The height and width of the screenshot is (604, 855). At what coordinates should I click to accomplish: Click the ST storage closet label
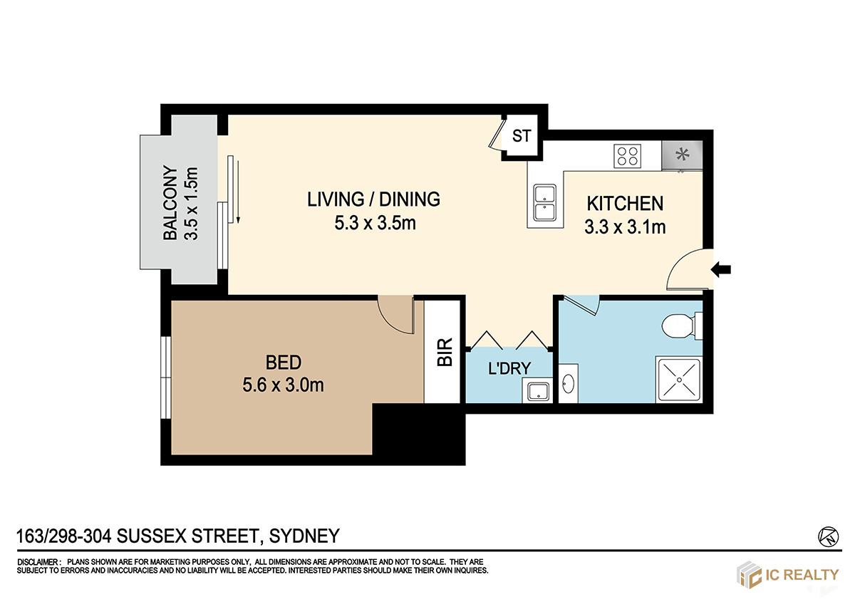pyautogui.click(x=522, y=136)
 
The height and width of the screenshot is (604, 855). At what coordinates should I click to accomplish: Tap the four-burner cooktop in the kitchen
pyautogui.click(x=627, y=156)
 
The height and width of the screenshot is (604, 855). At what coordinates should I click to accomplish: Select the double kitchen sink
pyautogui.click(x=544, y=202)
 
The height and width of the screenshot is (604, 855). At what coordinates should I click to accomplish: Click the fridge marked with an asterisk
pyautogui.click(x=682, y=155)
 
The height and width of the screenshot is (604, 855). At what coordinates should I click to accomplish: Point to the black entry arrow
pyautogui.click(x=720, y=270)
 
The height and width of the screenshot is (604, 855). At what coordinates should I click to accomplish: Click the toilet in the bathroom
pyautogui.click(x=682, y=326)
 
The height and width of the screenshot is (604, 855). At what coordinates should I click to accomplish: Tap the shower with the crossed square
pyautogui.click(x=679, y=380)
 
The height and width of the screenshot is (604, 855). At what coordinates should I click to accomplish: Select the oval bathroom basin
pyautogui.click(x=569, y=383)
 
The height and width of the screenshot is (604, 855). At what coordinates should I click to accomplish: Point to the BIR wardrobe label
pyautogui.click(x=445, y=352)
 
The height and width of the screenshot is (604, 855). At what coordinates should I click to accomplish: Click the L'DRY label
pyautogui.click(x=509, y=368)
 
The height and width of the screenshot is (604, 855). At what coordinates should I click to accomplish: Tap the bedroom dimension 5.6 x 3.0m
pyautogui.click(x=283, y=385)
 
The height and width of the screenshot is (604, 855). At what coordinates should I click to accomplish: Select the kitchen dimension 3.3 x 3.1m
pyautogui.click(x=625, y=227)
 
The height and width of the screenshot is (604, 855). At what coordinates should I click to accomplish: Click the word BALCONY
pyautogui.click(x=170, y=202)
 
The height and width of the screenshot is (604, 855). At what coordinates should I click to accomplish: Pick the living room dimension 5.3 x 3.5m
pyautogui.click(x=375, y=223)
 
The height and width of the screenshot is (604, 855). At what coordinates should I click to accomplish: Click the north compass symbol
pyautogui.click(x=828, y=537)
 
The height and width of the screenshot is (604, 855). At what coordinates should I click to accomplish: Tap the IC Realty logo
pyautogui.click(x=787, y=575)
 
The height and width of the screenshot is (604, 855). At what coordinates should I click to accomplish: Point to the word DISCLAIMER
pyautogui.click(x=37, y=562)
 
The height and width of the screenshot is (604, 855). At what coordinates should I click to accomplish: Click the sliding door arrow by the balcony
pyautogui.click(x=238, y=192)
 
